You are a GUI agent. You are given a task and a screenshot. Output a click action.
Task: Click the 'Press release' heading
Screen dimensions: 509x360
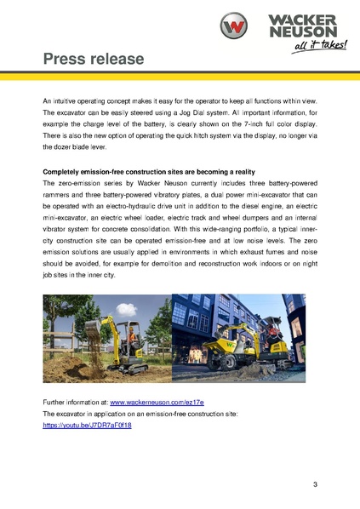(x=94, y=59)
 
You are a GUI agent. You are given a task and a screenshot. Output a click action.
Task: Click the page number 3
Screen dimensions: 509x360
(x=315, y=485)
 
